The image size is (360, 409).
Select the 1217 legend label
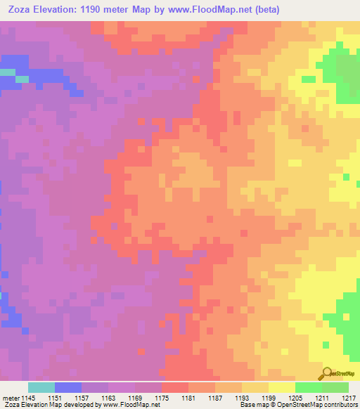[349, 398]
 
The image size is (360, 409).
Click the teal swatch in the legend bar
[41, 387]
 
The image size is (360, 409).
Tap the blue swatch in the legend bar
[68, 387]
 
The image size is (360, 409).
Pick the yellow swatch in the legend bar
[282, 387]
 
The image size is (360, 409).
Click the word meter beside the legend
[11, 398]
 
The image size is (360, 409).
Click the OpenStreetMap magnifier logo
[327, 374]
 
